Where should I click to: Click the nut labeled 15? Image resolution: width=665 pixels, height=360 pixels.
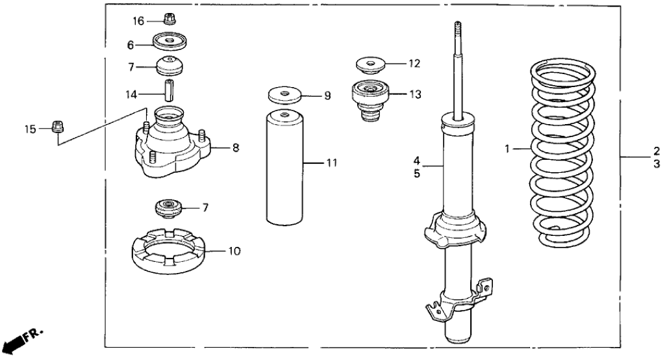point(57,126)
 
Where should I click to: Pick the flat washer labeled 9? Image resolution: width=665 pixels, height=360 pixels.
point(286,95)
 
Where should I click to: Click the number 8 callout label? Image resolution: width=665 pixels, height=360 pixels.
point(235,148)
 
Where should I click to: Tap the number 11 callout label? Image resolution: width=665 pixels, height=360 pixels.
point(332,163)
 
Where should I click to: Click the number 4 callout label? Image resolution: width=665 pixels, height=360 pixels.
point(417,160)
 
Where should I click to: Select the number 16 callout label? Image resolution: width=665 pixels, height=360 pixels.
point(138,21)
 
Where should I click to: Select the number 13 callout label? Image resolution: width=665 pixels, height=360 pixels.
point(415,94)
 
